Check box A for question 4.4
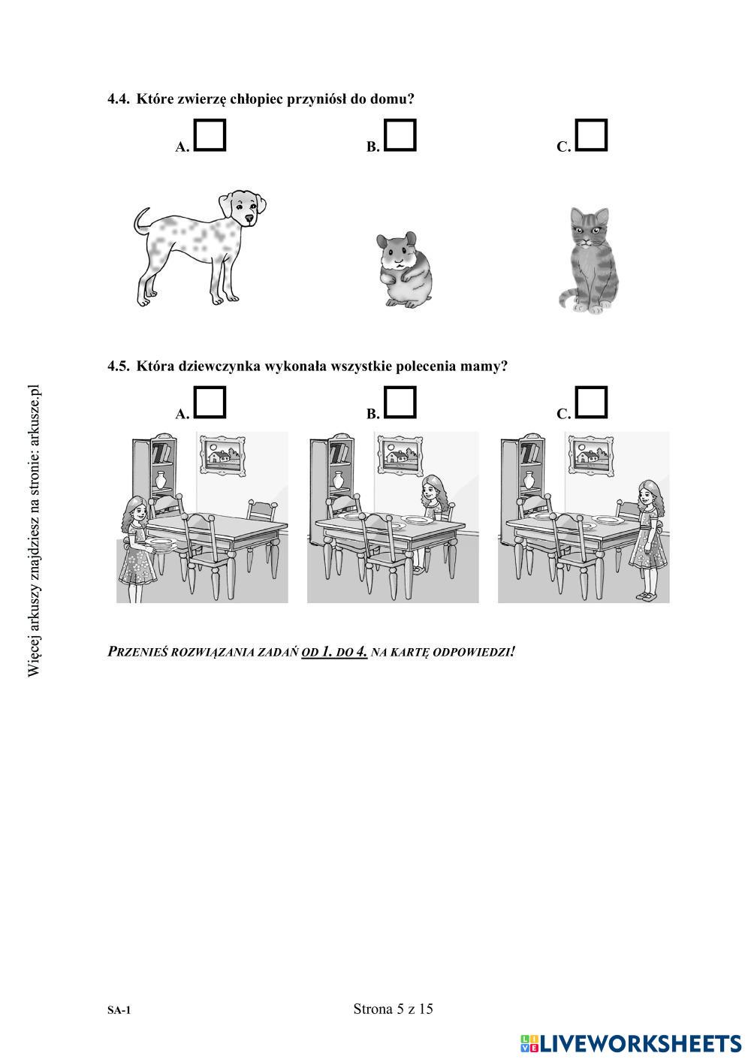click(x=210, y=135)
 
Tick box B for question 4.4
click(x=400, y=135)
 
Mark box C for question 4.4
click(x=591, y=135)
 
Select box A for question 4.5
click(x=210, y=402)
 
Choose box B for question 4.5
click(x=400, y=402)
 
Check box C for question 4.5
click(x=591, y=402)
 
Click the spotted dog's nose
click(x=249, y=219)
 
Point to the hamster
click(x=405, y=270)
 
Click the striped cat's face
click(x=589, y=228)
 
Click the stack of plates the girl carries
click(x=161, y=546)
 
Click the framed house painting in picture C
click(x=590, y=454)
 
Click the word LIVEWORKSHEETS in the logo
click(x=640, y=1044)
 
